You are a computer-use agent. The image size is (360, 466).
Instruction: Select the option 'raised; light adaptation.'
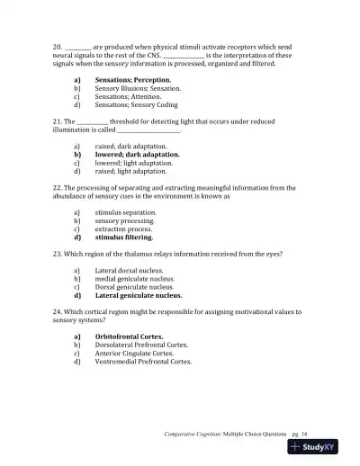[130, 171]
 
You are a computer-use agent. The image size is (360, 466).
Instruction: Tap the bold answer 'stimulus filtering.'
[124, 238]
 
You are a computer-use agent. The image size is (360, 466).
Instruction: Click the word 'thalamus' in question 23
[145, 255]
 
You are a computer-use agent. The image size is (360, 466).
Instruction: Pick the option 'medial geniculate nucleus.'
[135, 279]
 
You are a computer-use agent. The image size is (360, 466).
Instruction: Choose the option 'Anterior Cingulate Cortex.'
[134, 354]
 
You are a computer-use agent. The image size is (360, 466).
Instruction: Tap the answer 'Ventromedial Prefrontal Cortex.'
[143, 362]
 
